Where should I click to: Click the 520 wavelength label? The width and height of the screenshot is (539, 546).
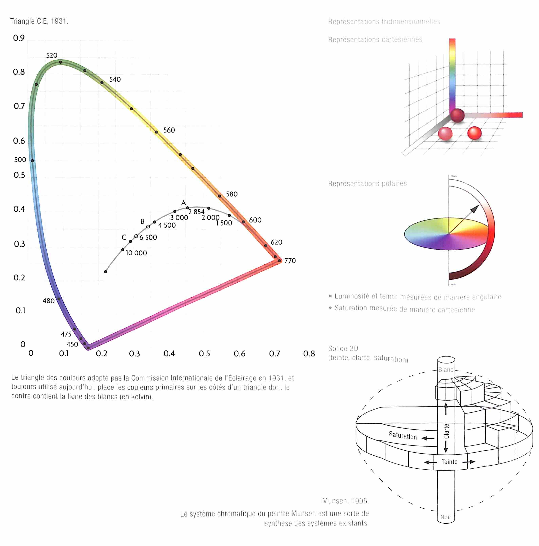click(x=51, y=55)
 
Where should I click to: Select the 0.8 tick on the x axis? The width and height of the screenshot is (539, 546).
click(x=309, y=353)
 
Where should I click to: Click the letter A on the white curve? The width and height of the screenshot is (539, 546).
click(x=183, y=203)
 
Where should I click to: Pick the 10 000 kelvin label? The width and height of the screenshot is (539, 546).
click(x=136, y=253)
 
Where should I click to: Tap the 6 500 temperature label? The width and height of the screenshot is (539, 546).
click(x=148, y=237)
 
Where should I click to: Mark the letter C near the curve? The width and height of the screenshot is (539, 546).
click(x=124, y=237)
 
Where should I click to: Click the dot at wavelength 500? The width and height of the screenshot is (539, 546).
click(x=32, y=160)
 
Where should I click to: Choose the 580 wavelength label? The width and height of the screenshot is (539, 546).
click(x=232, y=194)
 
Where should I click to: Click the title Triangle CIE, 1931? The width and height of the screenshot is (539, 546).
click(x=39, y=21)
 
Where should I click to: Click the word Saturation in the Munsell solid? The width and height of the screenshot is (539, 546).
click(x=402, y=436)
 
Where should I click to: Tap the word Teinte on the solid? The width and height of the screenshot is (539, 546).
click(x=449, y=462)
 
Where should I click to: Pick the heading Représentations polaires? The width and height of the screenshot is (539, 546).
click(x=367, y=183)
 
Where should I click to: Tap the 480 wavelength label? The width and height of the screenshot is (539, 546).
click(x=49, y=301)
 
